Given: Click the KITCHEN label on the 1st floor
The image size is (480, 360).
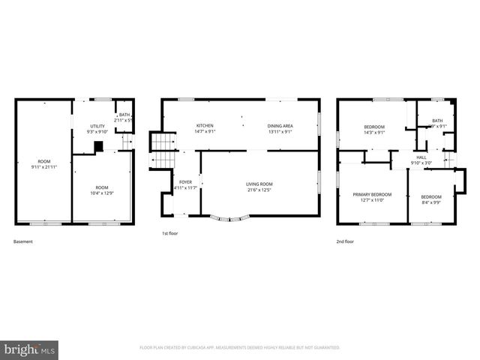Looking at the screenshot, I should click(205, 125).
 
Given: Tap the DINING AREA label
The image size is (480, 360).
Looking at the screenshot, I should click(280, 125).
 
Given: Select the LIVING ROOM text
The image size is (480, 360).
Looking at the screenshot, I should click(259, 184).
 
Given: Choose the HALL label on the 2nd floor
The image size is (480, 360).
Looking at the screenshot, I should click(421, 157).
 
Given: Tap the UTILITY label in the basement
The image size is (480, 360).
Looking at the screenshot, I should click(97, 126).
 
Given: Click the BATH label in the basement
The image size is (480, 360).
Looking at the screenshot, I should click(124, 115).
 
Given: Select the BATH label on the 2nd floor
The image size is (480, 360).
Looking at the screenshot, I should click(437, 121).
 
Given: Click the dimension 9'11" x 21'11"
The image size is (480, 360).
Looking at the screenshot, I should click(45, 167).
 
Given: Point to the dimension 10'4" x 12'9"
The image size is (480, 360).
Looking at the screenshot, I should click(102, 193).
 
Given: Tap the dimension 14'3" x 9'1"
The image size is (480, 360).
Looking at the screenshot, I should click(374, 133).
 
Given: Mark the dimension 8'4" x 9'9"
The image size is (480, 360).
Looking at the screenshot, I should click(431, 202).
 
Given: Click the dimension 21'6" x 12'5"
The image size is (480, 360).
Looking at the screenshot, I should click(259, 190).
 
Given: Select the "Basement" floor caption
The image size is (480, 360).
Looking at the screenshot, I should click(23, 241).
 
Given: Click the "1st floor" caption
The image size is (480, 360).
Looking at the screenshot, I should click(170, 233).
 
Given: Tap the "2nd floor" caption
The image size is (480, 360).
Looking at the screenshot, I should click(346, 241).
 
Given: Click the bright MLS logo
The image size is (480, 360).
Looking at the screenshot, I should click(30, 349).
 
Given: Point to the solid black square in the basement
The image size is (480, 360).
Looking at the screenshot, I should click(97, 147).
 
